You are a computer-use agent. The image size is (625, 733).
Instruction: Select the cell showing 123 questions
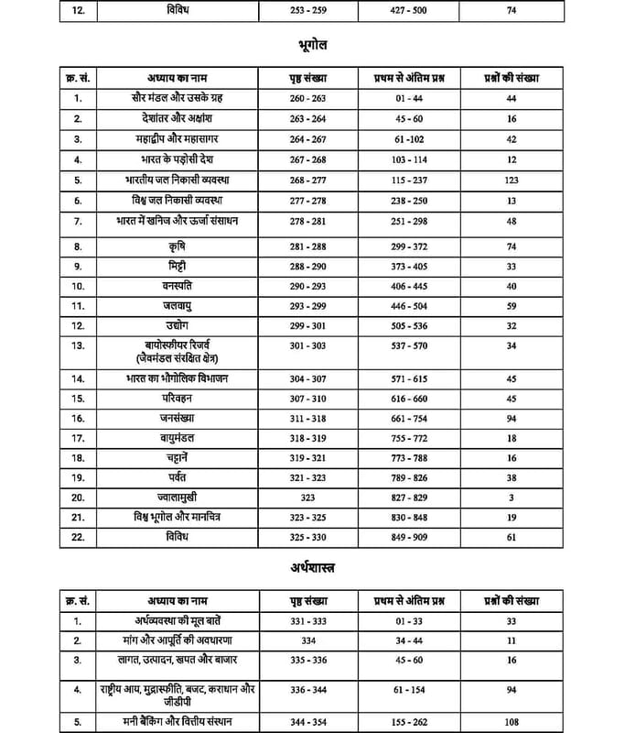pos(512,181)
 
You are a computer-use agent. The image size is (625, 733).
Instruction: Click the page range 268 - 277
pos(307,181)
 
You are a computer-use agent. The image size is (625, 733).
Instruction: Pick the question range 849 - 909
pos(409,538)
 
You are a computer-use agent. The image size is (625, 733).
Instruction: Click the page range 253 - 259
pos(307,11)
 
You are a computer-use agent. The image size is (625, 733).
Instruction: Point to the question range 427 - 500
pos(409,11)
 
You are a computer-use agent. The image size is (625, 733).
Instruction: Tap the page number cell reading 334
pos(307,640)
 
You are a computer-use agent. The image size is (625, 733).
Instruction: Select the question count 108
pos(512,721)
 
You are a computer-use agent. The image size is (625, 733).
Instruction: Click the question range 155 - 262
pos(409,721)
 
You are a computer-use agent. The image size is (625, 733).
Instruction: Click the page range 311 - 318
pos(307,418)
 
